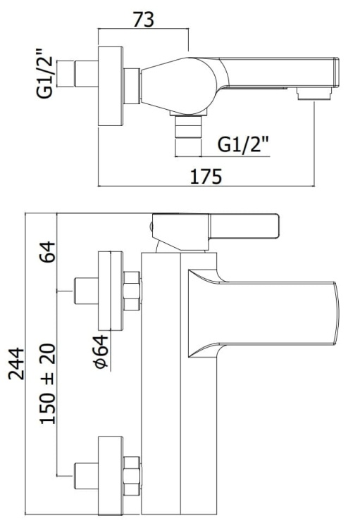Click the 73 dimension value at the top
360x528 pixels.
pos(144,20)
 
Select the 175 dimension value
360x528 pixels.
pos(206,177)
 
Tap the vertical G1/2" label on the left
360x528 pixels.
pos(45,74)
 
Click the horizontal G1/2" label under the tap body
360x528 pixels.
pos(243,144)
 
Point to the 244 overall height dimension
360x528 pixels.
pos(16,364)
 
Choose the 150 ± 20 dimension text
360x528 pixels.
pos(47,384)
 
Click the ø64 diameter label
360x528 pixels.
pos(101,351)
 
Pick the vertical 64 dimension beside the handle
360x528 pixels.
pos(47,251)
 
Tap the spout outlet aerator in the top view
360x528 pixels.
pos(314,94)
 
